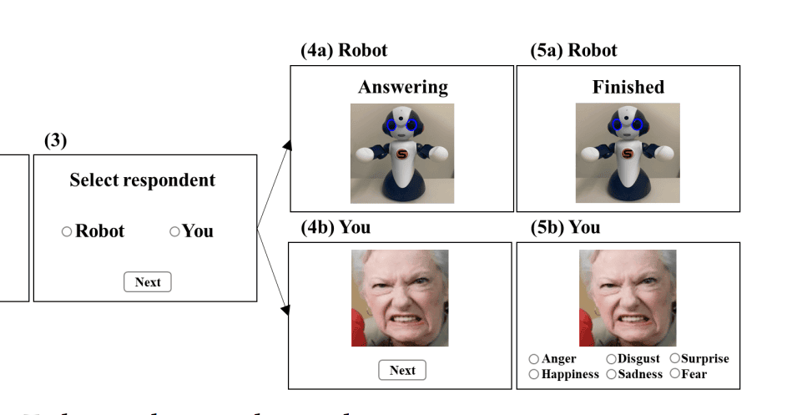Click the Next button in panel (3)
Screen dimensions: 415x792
148,282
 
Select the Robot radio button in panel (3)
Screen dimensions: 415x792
67,232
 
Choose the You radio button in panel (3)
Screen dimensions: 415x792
174,232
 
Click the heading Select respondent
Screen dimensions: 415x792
142,180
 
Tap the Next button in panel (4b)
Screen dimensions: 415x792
402,370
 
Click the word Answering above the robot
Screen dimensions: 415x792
402,87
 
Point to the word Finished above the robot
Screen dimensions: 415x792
628,87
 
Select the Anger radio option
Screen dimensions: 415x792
534,359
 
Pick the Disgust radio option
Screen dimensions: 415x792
611,359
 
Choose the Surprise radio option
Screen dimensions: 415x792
674,359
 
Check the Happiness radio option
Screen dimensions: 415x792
534,374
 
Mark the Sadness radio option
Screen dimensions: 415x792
611,374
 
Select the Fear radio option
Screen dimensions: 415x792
674,374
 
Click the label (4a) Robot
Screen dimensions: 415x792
344,50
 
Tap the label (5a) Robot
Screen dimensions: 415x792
574,50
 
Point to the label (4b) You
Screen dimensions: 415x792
335,227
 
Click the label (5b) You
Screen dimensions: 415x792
565,227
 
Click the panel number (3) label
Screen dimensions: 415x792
55,140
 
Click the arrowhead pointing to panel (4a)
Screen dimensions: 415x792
287,147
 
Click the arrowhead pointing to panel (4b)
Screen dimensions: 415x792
287,311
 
